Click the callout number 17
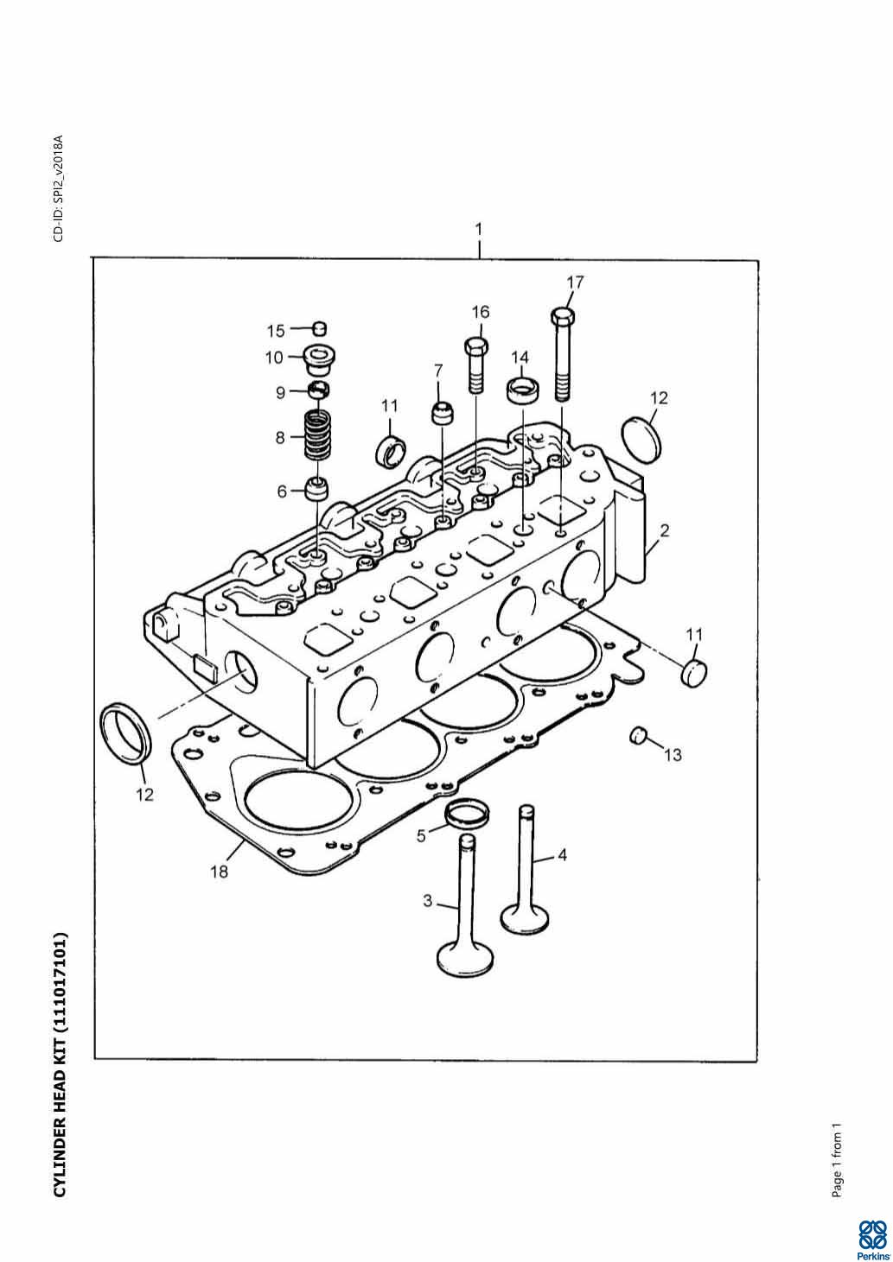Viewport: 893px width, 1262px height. pyautogui.click(x=575, y=282)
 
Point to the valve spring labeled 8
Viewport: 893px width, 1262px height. pyautogui.click(x=319, y=436)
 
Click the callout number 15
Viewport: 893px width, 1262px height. pyautogui.click(x=276, y=330)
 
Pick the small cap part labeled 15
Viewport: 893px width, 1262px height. pyautogui.click(x=319, y=327)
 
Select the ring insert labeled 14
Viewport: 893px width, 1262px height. pyautogui.click(x=521, y=390)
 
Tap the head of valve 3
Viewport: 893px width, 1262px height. pyautogui.click(x=467, y=957)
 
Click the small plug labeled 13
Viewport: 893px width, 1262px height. pyautogui.click(x=639, y=736)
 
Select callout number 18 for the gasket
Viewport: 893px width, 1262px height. pyautogui.click(x=220, y=872)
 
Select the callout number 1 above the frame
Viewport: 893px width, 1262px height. pyautogui.click(x=478, y=230)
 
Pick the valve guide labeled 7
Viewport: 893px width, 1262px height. pyautogui.click(x=443, y=412)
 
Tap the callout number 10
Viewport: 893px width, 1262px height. pyautogui.click(x=274, y=357)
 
